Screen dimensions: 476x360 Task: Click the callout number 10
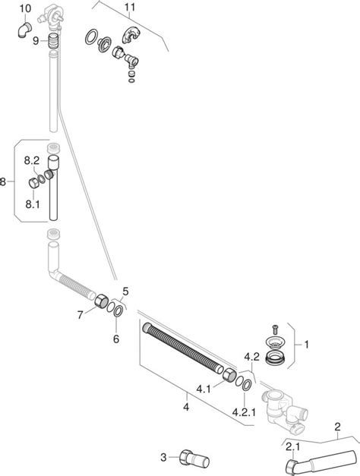pyautogui.click(x=25, y=9)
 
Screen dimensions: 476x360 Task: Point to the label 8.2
pyautogui.click(x=31, y=160)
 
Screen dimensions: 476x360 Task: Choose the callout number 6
pyautogui.click(x=116, y=339)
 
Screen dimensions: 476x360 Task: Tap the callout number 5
pyautogui.click(x=125, y=291)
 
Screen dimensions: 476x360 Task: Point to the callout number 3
pyautogui.click(x=163, y=456)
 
